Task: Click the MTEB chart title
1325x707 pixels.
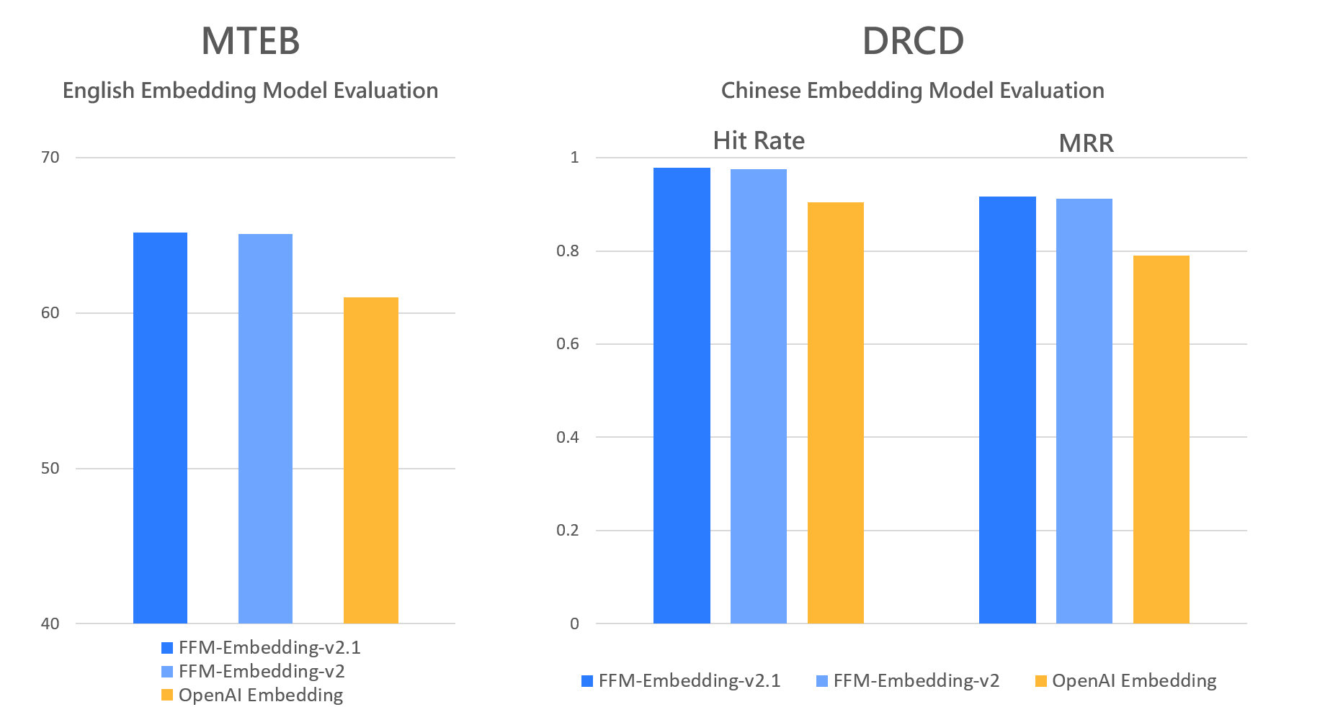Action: click(250, 41)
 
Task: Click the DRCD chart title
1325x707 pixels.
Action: click(913, 41)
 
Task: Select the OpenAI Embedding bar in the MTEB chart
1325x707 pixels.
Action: click(370, 460)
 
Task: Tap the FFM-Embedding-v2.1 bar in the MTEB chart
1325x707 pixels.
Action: click(160, 428)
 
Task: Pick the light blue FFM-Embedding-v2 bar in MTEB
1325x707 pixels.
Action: click(265, 428)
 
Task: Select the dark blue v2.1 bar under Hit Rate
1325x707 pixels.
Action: click(682, 395)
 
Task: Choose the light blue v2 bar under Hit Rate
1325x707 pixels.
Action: click(758, 396)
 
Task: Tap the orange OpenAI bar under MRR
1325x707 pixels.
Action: click(1161, 439)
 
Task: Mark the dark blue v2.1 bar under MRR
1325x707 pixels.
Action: click(1007, 410)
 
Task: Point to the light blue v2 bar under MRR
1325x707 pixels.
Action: click(1084, 411)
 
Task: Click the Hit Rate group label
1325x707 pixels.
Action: click(759, 140)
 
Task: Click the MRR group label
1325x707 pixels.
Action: click(1086, 143)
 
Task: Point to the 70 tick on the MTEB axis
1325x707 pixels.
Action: click(50, 157)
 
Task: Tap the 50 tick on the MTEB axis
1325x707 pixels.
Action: click(50, 468)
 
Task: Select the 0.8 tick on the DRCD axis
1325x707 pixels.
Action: click(568, 251)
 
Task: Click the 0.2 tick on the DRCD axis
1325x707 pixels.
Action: click(568, 530)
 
